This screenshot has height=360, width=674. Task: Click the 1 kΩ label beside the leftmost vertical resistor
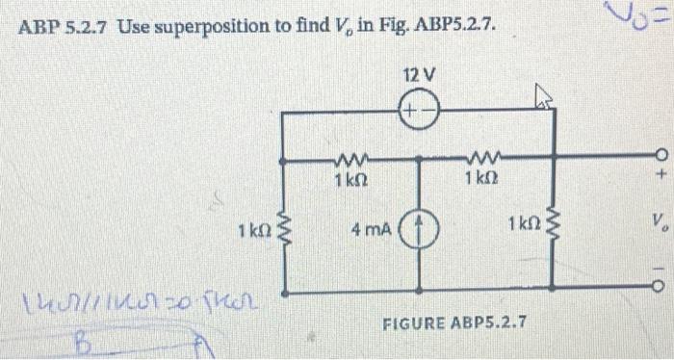pos(251,231)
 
